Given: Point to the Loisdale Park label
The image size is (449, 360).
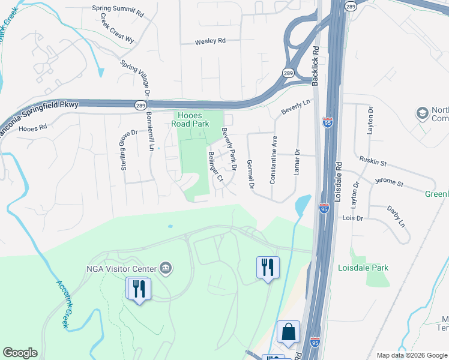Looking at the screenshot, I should click(363, 268).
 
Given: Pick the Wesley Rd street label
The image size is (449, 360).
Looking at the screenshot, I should click(210, 42).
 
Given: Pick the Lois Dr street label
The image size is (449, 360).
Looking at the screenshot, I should click(353, 218).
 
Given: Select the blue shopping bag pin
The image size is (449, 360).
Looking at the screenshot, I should click(288, 332).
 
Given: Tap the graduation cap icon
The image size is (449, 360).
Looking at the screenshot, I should click(422, 113).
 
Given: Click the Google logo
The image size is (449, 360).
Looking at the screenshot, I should click(20, 353).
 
